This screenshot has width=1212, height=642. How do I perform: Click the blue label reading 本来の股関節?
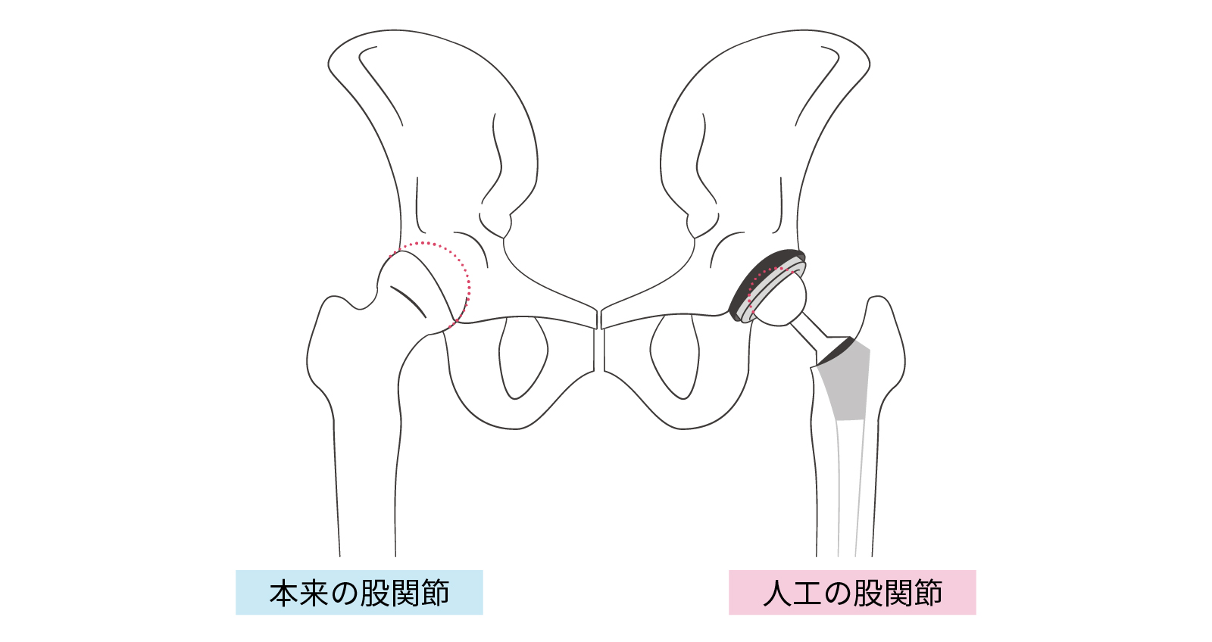(x=359, y=593)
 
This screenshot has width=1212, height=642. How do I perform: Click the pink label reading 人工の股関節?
(x=852, y=593)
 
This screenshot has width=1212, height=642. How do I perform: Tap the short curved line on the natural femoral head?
(x=408, y=301)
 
